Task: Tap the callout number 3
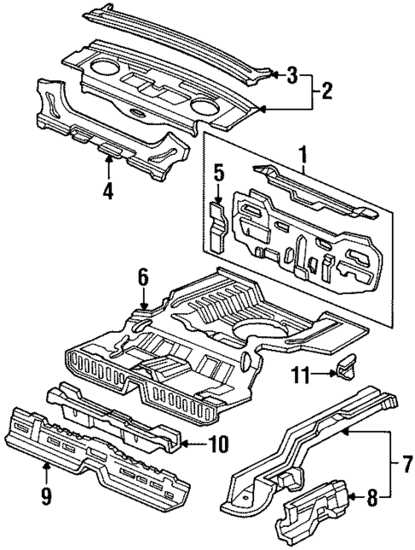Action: point(292,75)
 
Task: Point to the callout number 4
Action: point(106,191)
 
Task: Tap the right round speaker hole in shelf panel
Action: point(206,107)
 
